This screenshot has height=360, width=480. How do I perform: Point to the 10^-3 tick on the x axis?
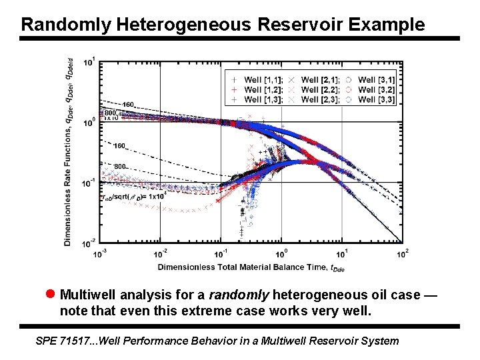point(99,254)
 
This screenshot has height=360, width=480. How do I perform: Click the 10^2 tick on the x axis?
point(403,254)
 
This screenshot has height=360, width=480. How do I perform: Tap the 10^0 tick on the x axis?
point(281,254)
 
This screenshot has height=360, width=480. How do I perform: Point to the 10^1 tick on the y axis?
point(89,62)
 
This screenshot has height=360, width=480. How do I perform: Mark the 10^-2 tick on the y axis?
point(89,242)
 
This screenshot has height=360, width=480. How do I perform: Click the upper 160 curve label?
point(128,105)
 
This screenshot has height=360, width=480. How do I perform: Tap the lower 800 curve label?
point(120,166)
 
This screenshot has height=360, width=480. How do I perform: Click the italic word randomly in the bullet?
point(239,295)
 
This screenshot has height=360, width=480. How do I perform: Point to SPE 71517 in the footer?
point(65,341)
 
